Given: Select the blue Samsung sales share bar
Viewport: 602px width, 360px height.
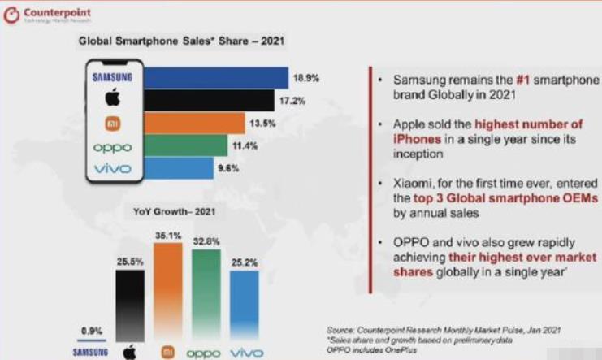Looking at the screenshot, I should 216,77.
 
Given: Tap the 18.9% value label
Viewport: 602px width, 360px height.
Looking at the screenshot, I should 306,79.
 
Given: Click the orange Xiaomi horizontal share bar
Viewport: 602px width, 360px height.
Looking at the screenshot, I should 194,124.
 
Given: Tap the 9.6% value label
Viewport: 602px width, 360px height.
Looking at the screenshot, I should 227,169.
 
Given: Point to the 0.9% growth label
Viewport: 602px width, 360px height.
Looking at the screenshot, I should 89,330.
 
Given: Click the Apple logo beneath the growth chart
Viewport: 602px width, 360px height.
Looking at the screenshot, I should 128,353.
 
